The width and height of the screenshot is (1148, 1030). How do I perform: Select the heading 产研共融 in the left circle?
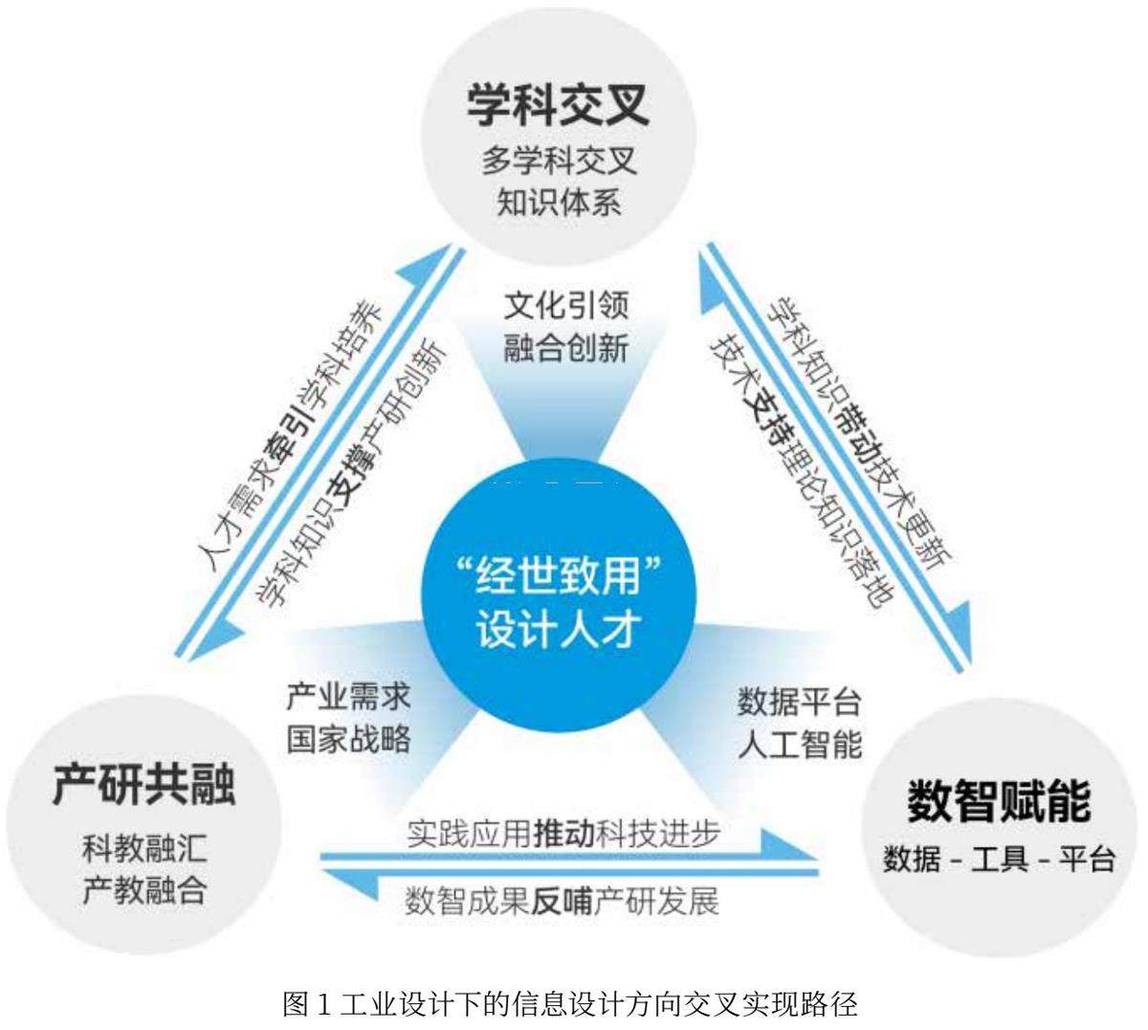click(143, 784)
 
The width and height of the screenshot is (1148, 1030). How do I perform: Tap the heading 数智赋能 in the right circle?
click(999, 800)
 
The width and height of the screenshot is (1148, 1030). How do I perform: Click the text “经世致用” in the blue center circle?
click(558, 578)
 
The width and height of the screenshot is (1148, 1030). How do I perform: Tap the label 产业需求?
click(348, 696)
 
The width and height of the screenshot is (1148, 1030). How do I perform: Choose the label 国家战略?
click(348, 738)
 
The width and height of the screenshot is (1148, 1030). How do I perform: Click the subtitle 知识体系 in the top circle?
click(559, 202)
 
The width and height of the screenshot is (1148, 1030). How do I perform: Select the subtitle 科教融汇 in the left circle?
click(143, 848)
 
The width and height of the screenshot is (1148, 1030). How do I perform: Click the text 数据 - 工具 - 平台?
click(999, 859)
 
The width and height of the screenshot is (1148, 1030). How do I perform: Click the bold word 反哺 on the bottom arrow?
click(562, 901)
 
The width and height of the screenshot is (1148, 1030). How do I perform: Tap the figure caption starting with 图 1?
click(571, 1005)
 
